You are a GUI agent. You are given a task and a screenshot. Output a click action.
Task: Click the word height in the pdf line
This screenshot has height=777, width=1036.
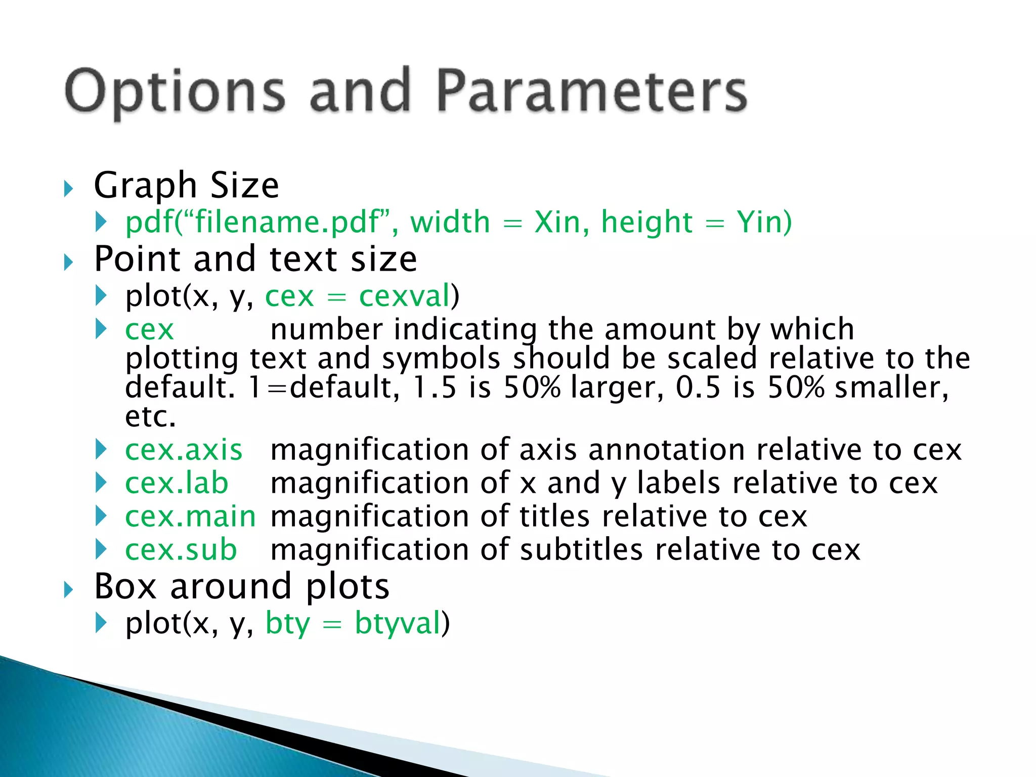(x=646, y=222)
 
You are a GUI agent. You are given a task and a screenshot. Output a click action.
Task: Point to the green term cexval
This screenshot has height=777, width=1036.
(x=404, y=296)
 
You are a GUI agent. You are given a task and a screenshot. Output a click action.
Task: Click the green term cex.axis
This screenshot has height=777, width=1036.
(x=184, y=450)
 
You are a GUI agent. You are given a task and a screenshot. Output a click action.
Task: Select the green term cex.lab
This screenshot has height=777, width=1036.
(x=177, y=483)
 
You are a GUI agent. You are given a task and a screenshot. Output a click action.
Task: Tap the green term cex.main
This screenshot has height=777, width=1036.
(x=190, y=516)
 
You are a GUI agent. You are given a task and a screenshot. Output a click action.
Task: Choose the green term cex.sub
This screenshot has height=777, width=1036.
(x=181, y=550)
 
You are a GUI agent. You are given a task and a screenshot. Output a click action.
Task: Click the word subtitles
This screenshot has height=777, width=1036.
(x=581, y=550)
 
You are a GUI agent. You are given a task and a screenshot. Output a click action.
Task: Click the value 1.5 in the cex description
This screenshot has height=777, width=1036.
(x=435, y=387)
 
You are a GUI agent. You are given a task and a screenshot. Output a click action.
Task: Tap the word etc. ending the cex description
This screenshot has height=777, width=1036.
(x=150, y=417)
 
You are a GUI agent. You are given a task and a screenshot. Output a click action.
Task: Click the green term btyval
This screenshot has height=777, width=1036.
(x=398, y=623)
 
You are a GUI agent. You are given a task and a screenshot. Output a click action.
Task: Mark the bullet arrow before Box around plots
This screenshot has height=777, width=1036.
(x=69, y=590)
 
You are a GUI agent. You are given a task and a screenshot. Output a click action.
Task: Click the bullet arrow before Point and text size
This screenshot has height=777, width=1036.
(x=69, y=263)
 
